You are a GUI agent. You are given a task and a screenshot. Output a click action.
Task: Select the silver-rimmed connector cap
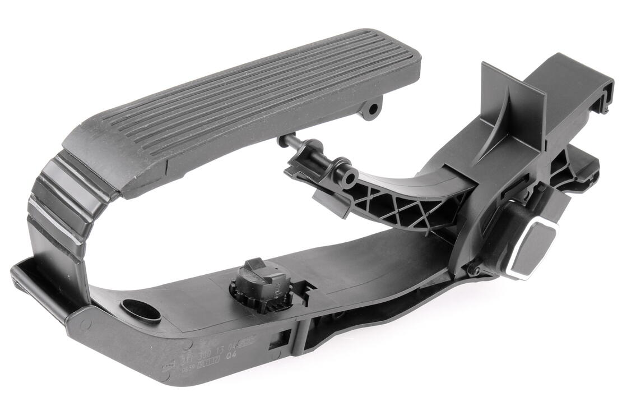pyautogui.click(x=532, y=249)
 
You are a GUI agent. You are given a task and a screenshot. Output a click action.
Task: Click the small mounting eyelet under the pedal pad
pyautogui.click(x=371, y=108)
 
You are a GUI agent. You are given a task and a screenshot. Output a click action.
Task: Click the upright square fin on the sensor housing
pyautogui.click(x=513, y=109)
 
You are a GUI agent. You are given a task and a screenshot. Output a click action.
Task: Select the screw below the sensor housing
pyautogui.click(x=475, y=271)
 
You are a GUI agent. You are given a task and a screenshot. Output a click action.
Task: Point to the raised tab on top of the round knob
pyautogui.click(x=255, y=265)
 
